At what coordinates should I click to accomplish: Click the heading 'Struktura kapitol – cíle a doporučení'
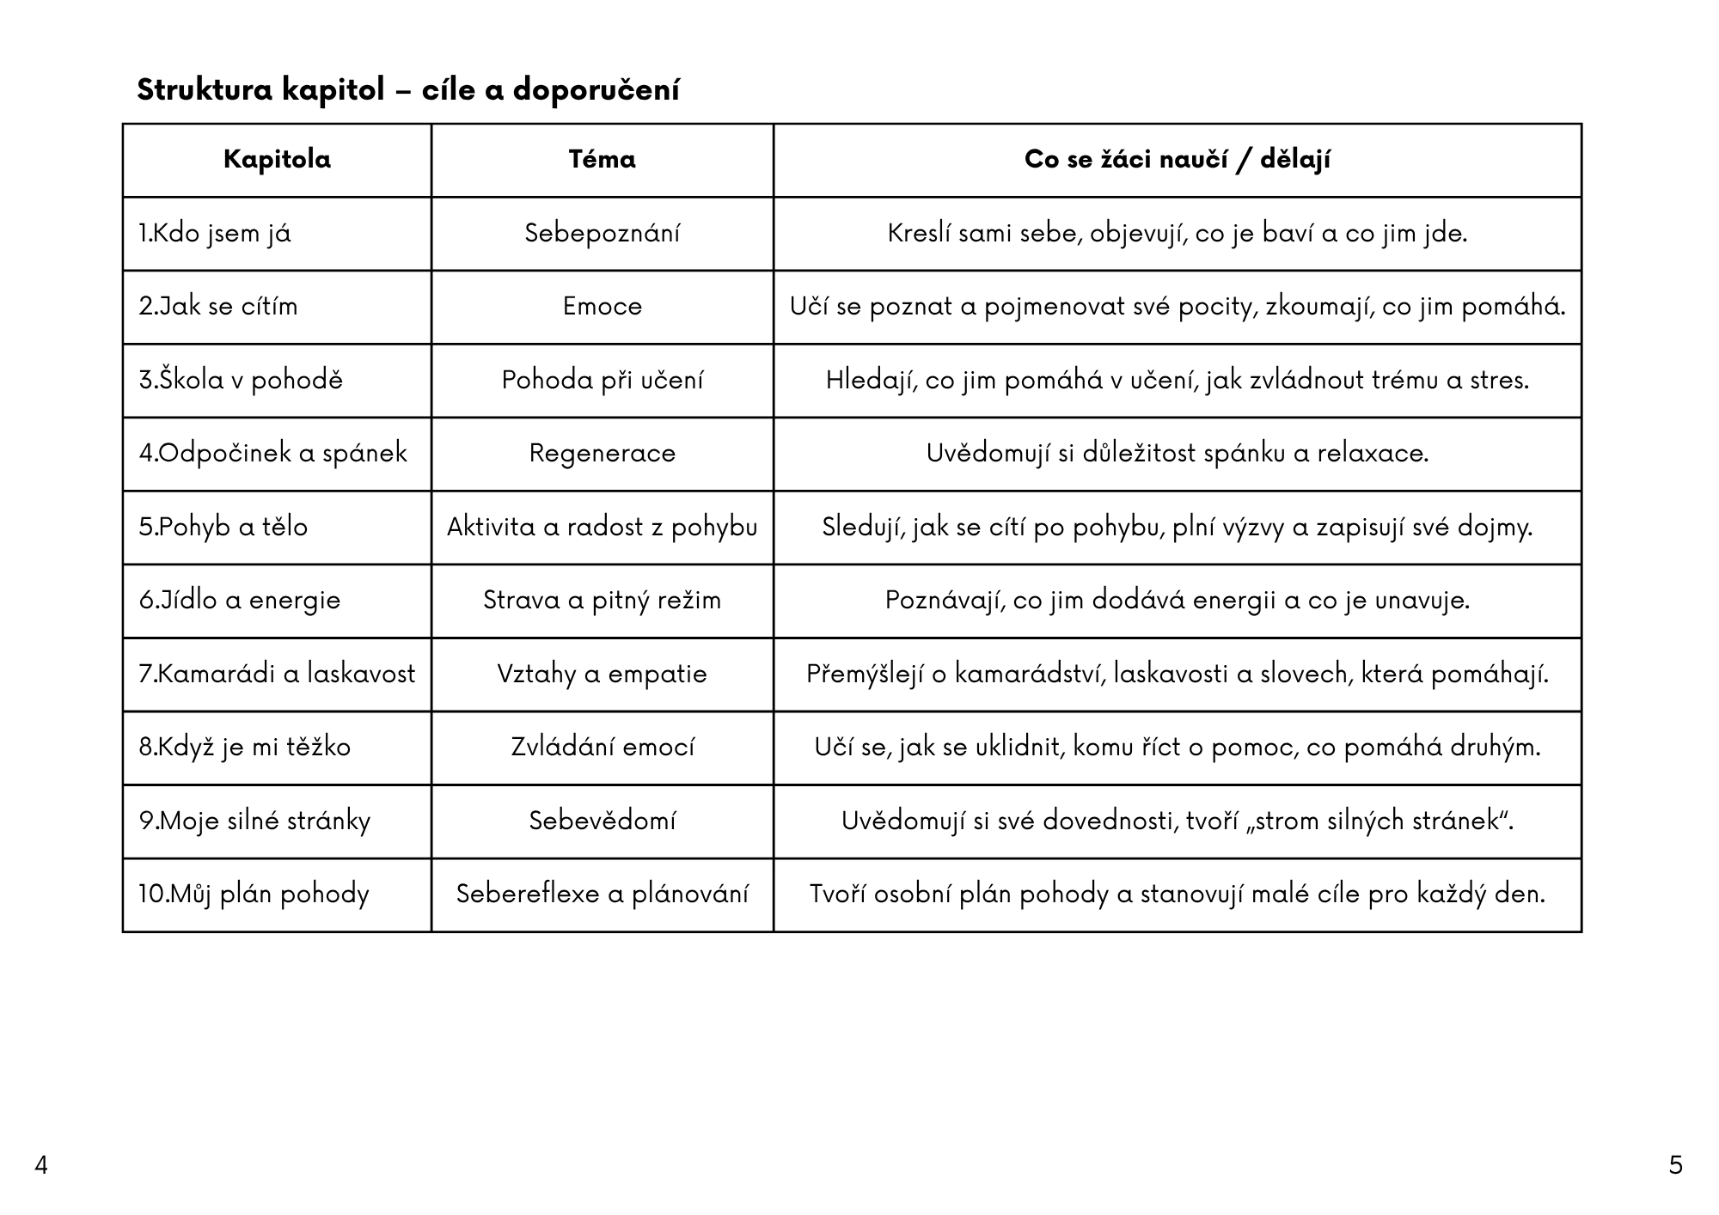[407, 89]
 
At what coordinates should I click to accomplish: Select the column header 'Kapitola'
[277, 160]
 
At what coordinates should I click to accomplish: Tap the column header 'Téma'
[602, 160]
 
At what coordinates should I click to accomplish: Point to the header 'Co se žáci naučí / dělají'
[1177, 160]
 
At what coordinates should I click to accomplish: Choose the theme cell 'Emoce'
[602, 307]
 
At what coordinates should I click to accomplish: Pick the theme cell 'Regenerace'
[602, 454]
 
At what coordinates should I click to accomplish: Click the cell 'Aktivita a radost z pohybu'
[602, 527]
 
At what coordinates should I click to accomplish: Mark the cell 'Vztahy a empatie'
[602, 674]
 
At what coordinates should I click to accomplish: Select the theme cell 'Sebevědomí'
[602, 821]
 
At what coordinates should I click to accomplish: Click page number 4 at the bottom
[40, 1166]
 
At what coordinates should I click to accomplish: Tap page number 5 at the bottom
[1675, 1166]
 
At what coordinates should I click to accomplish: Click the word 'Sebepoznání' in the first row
[602, 234]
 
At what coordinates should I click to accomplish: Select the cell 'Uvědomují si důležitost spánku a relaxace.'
[1177, 454]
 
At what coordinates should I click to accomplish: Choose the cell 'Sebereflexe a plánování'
[602, 894]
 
